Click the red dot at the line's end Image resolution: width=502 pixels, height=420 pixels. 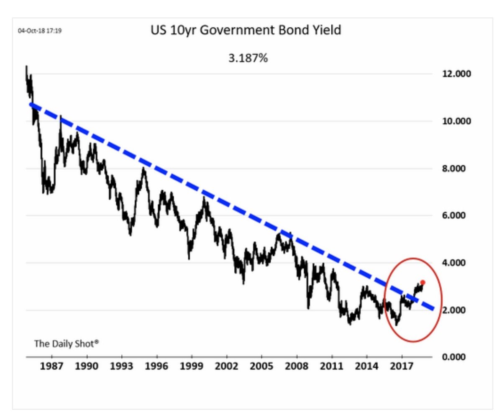point(423,282)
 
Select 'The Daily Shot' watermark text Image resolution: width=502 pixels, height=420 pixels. point(67,344)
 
